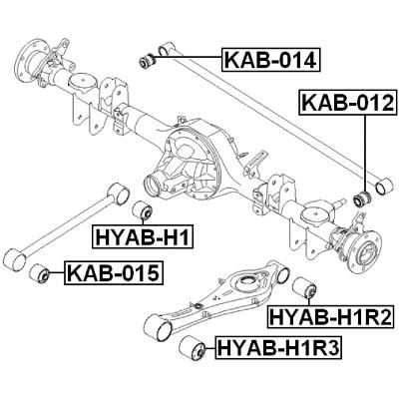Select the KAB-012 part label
click(x=348, y=104)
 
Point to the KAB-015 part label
click(x=113, y=271)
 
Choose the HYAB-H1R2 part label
click(x=331, y=318)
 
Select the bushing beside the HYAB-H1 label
click(x=143, y=210)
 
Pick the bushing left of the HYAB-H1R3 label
click(x=194, y=349)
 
